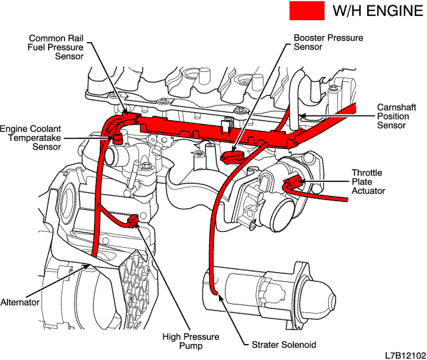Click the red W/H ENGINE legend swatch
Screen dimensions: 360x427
point(307,10)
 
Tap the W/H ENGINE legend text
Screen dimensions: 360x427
point(377,10)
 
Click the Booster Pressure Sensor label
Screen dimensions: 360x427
point(328,42)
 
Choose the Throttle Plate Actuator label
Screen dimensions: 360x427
point(368,182)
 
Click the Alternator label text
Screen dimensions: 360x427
point(21,302)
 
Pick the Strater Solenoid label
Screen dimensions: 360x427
point(284,345)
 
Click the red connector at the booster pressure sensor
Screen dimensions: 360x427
point(229,157)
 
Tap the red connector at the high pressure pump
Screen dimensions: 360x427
point(133,220)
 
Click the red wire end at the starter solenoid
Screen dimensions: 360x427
point(214,293)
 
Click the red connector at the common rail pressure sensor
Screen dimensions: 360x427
point(128,117)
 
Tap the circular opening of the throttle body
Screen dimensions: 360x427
point(284,213)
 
